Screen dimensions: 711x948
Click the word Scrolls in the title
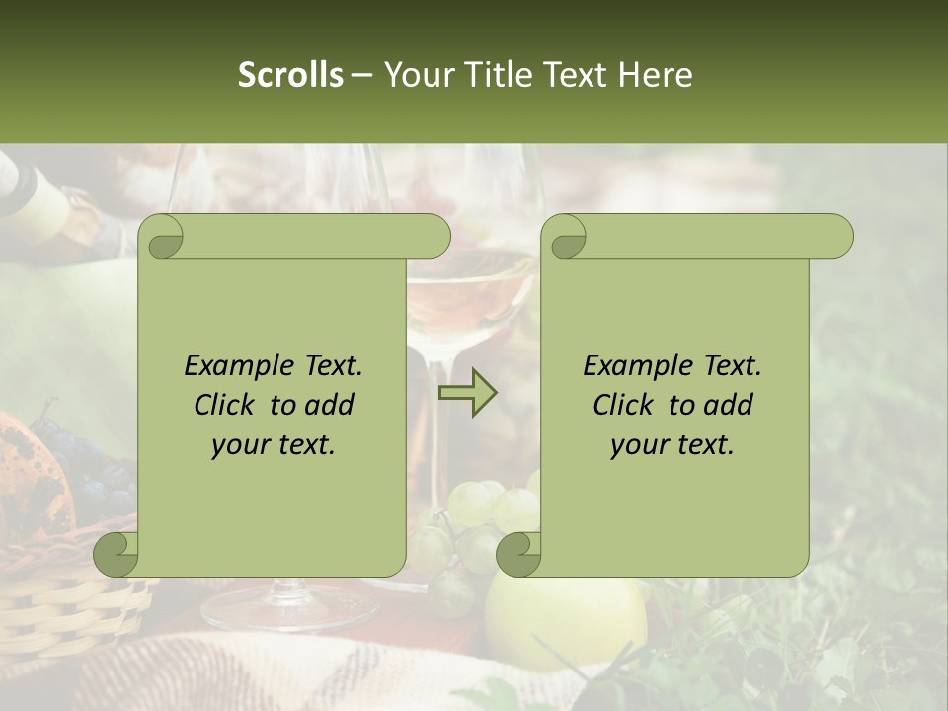290,75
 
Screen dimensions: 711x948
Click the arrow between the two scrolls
467,392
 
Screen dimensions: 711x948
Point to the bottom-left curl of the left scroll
117,554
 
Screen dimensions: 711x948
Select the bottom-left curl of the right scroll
518,554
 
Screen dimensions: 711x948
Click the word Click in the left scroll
223,405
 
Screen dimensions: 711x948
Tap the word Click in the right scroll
622,405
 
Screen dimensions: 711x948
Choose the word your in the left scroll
239,445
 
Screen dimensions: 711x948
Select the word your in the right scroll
638,445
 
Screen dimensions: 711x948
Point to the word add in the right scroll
730,405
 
